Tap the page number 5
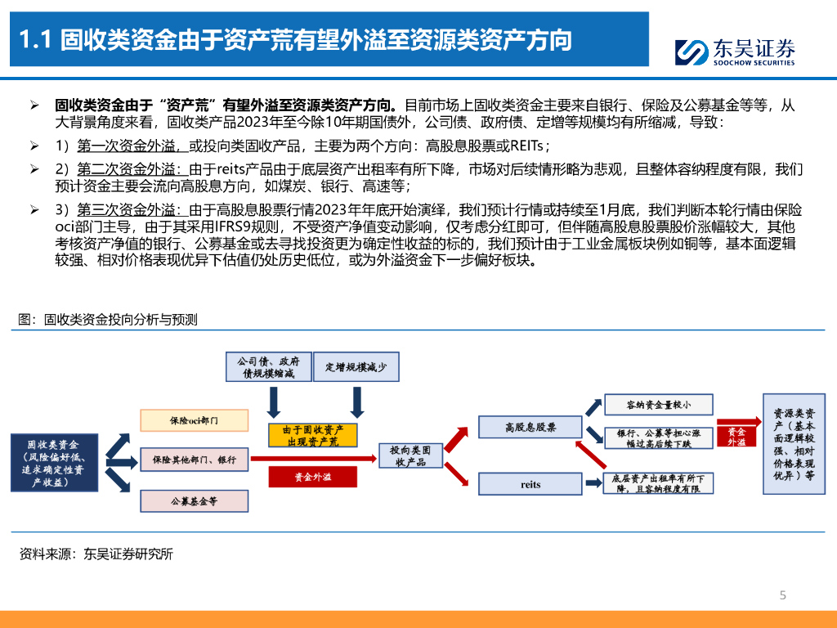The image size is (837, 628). point(782,595)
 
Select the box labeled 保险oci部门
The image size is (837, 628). point(194,420)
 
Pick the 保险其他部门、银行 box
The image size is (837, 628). point(194,460)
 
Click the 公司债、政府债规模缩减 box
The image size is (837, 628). point(268,366)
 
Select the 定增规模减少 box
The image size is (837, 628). point(356,366)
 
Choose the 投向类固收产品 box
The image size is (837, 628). point(410,457)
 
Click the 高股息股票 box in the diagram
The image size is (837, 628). point(530,427)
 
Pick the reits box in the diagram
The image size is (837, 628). point(530,484)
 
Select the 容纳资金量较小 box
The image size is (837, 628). point(658,404)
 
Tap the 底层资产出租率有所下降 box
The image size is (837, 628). point(658,482)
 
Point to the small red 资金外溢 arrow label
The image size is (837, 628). point(736,436)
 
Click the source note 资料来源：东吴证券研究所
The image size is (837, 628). point(96,554)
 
